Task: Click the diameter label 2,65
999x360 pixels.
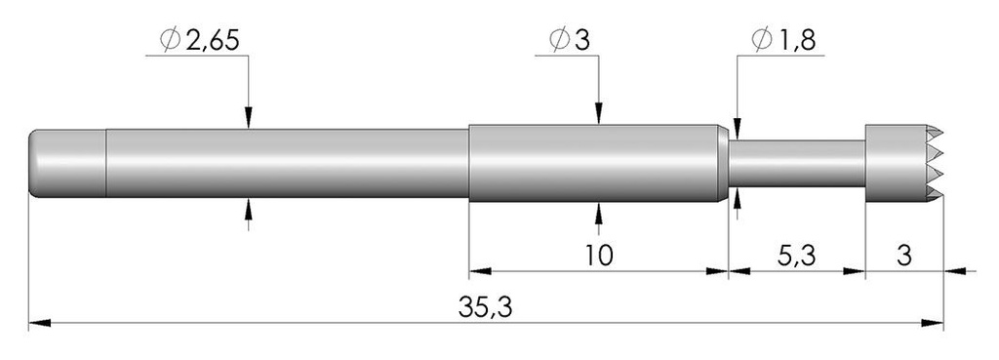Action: (212, 40)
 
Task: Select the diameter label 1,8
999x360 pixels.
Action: (795, 40)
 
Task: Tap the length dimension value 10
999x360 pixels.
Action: (598, 256)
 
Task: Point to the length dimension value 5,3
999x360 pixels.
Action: (798, 256)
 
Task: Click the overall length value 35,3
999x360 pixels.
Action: (485, 307)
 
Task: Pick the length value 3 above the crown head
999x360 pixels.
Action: (903, 256)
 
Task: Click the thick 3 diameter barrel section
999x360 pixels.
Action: (595, 163)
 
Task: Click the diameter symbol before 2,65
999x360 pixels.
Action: (167, 40)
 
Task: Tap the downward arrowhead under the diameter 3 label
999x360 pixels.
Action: (598, 116)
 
